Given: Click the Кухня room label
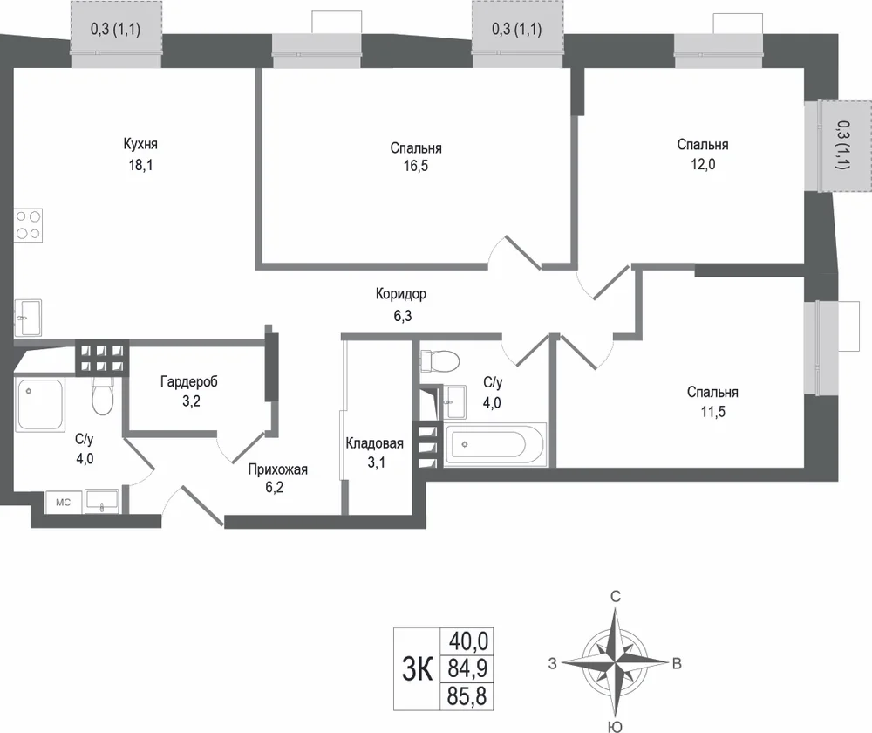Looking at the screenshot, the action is point(140,144).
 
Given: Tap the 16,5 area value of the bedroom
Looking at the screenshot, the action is point(416,166).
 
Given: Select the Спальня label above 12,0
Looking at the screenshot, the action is point(702,145).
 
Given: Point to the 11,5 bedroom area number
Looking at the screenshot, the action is point(713,412).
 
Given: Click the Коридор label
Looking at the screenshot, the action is point(401,294).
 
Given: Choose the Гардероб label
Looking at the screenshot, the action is point(189,382).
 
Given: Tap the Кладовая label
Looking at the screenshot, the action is point(374,443).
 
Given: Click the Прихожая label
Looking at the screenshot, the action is point(277,469).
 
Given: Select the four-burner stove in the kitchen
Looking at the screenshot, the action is point(29,225).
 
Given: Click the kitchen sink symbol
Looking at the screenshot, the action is point(28,318).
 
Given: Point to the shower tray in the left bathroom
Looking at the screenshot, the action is point(40,404).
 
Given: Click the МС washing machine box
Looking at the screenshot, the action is point(64,502).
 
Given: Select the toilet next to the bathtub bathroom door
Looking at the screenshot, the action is point(439,360).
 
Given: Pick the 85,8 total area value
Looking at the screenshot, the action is point(467,696).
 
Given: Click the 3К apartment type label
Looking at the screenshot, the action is point(417,669).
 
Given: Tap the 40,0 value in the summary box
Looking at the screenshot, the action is point(469,641).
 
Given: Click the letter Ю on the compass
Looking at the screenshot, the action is point(615,726).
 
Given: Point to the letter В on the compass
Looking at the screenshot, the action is point(677,663).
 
